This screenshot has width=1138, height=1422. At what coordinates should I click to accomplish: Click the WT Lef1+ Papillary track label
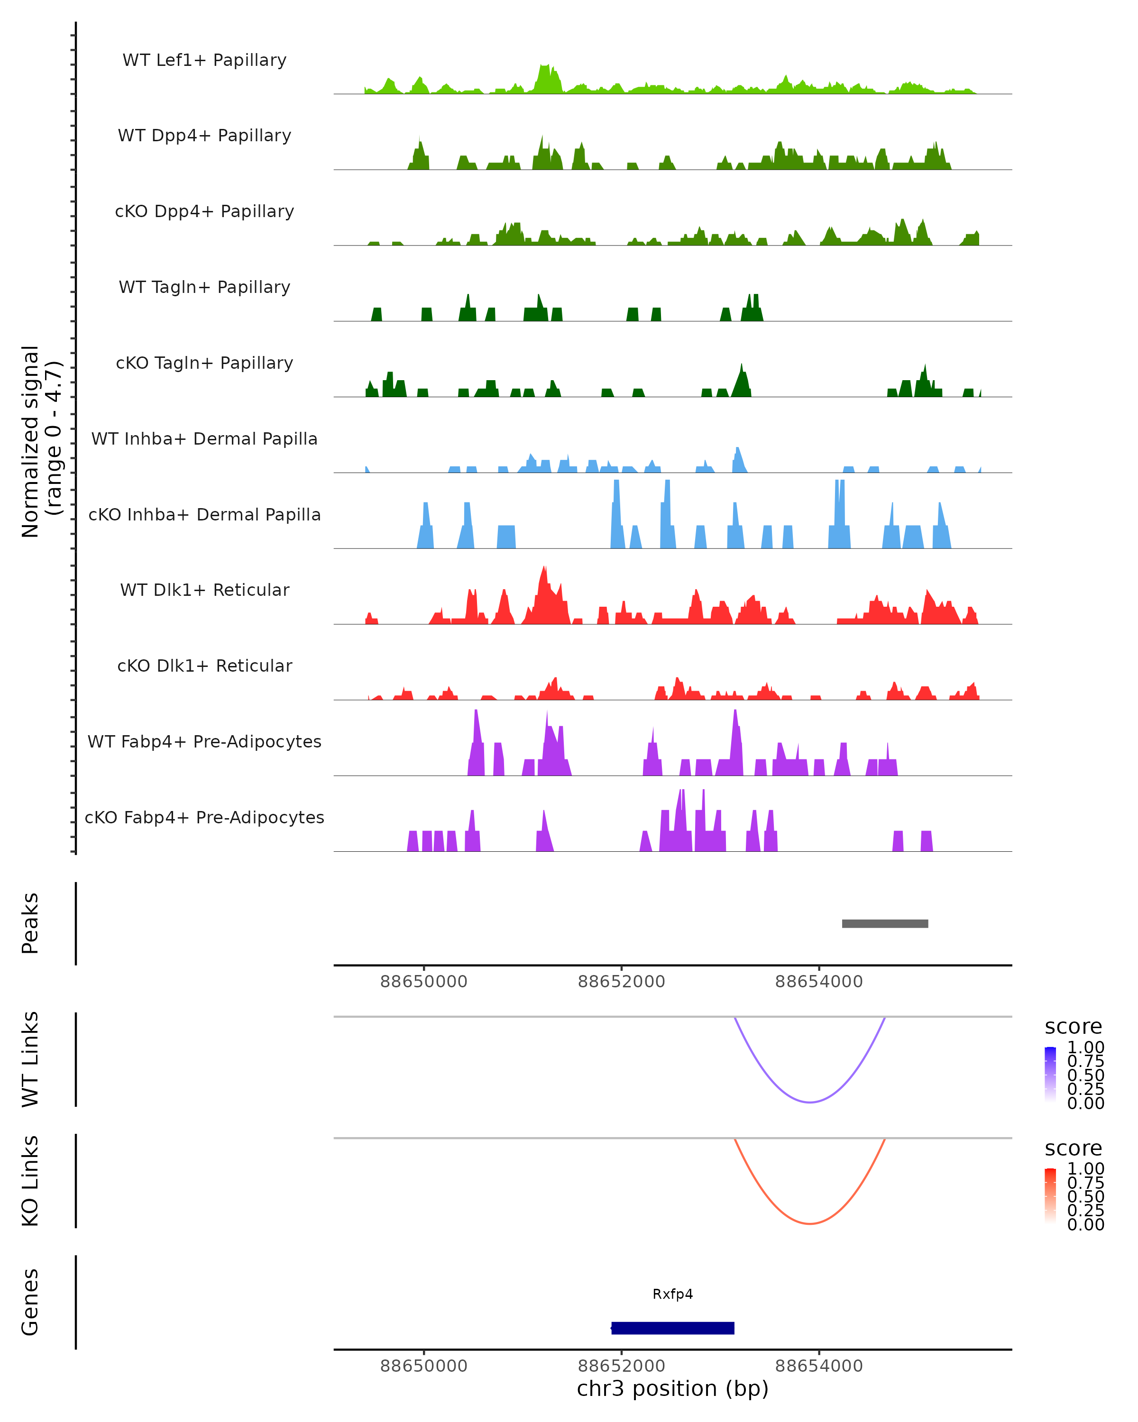pyautogui.click(x=204, y=60)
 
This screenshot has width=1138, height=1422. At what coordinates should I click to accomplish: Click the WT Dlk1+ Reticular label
pyautogui.click(x=204, y=590)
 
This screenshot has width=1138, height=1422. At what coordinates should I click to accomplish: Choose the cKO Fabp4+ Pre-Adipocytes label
pyautogui.click(x=204, y=817)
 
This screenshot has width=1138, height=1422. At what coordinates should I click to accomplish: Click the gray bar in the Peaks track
pyautogui.click(x=885, y=923)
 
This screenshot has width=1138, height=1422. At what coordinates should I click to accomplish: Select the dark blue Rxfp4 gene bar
pyautogui.click(x=672, y=1328)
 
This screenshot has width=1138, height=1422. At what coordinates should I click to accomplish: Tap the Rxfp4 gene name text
pyautogui.click(x=672, y=1294)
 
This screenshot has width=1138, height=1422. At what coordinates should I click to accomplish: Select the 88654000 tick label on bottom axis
pyautogui.click(x=819, y=1366)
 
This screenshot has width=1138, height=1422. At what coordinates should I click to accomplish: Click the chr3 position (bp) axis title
pyautogui.click(x=672, y=1388)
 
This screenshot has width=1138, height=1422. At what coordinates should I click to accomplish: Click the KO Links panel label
pyautogui.click(x=30, y=1181)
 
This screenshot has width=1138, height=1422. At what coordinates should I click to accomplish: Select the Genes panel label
pyautogui.click(x=30, y=1302)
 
